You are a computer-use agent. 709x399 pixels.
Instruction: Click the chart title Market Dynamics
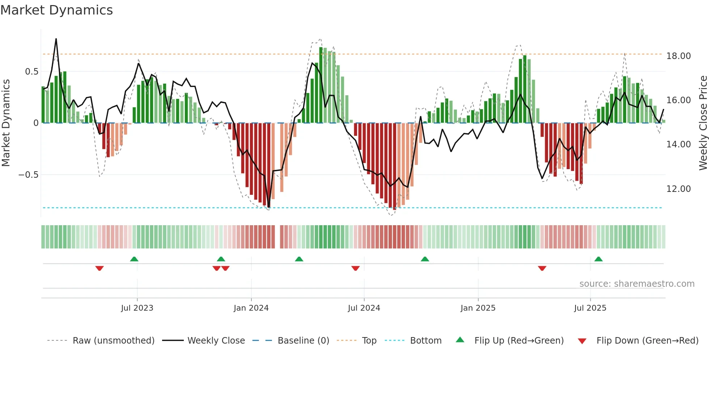[56, 10]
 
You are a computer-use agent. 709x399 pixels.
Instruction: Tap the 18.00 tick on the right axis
[678, 56]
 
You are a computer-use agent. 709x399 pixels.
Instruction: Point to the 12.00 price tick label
[678, 189]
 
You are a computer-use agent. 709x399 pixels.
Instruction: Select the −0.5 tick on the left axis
[28, 175]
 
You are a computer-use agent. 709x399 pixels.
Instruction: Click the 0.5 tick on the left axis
[31, 72]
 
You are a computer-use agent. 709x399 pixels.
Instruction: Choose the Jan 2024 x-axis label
[251, 308]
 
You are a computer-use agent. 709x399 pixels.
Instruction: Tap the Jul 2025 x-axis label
[590, 308]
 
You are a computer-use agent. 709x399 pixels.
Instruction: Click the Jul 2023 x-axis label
[137, 308]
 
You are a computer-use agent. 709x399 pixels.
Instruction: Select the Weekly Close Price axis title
[703, 123]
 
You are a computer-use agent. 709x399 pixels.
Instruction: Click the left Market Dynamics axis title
[6, 123]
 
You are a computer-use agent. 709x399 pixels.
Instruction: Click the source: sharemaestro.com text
[637, 284]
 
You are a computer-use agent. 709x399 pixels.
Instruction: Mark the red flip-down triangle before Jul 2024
[356, 268]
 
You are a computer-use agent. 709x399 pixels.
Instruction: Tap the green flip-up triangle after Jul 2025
[599, 259]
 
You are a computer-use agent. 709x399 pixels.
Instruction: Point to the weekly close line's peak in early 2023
[56, 39]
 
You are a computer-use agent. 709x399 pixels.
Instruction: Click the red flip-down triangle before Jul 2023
[99, 268]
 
